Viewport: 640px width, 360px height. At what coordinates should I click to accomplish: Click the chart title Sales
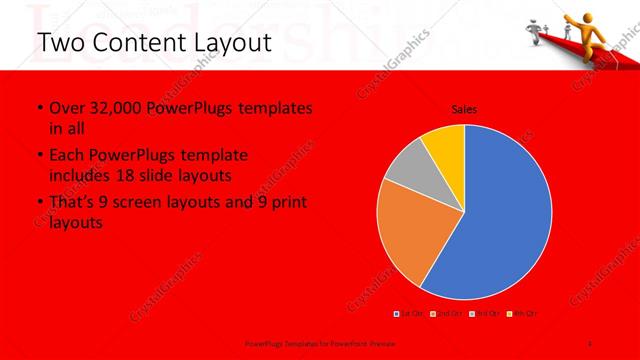click(464, 108)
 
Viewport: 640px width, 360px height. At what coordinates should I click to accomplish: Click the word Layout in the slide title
click(220, 43)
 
